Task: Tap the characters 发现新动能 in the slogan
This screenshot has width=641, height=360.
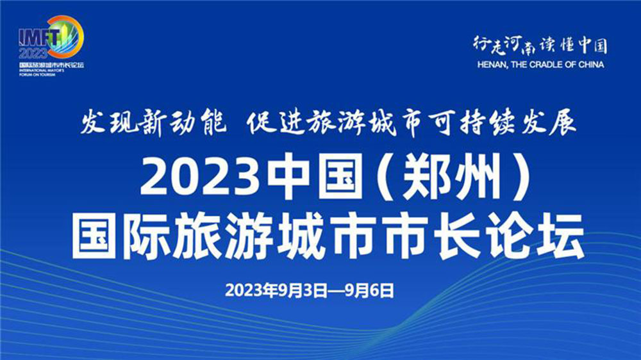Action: [152, 122]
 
